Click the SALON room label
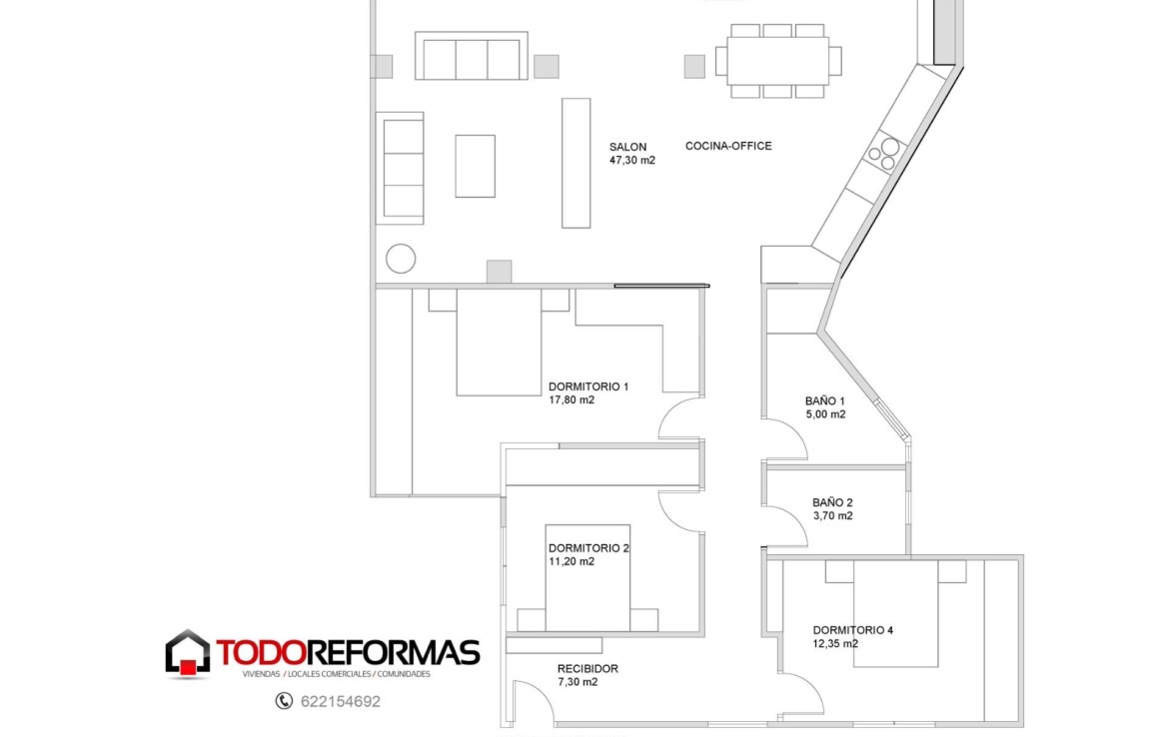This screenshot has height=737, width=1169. tap(627, 147)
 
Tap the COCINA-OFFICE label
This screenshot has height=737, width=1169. tap(728, 146)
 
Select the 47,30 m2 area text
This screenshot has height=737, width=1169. tap(632, 160)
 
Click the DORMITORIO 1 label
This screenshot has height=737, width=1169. tap(588, 386)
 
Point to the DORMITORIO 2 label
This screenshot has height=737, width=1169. tap(588, 548)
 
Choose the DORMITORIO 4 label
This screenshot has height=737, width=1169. tap(853, 630)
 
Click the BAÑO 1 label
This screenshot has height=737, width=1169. tap(824, 400)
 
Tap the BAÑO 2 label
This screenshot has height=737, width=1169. tap(832, 502)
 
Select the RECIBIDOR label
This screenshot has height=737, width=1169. tap(587, 668)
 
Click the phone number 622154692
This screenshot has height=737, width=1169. tap(341, 701)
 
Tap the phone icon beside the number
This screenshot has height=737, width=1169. tap(284, 700)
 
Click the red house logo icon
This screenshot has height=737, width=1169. tap(187, 654)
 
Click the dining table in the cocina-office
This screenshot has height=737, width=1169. tap(777, 61)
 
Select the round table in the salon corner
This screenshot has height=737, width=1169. tap(401, 259)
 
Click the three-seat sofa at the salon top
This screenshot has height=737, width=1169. tap(472, 56)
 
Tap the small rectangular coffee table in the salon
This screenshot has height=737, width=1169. tap(475, 166)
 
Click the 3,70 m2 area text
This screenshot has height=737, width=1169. tap(832, 515)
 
